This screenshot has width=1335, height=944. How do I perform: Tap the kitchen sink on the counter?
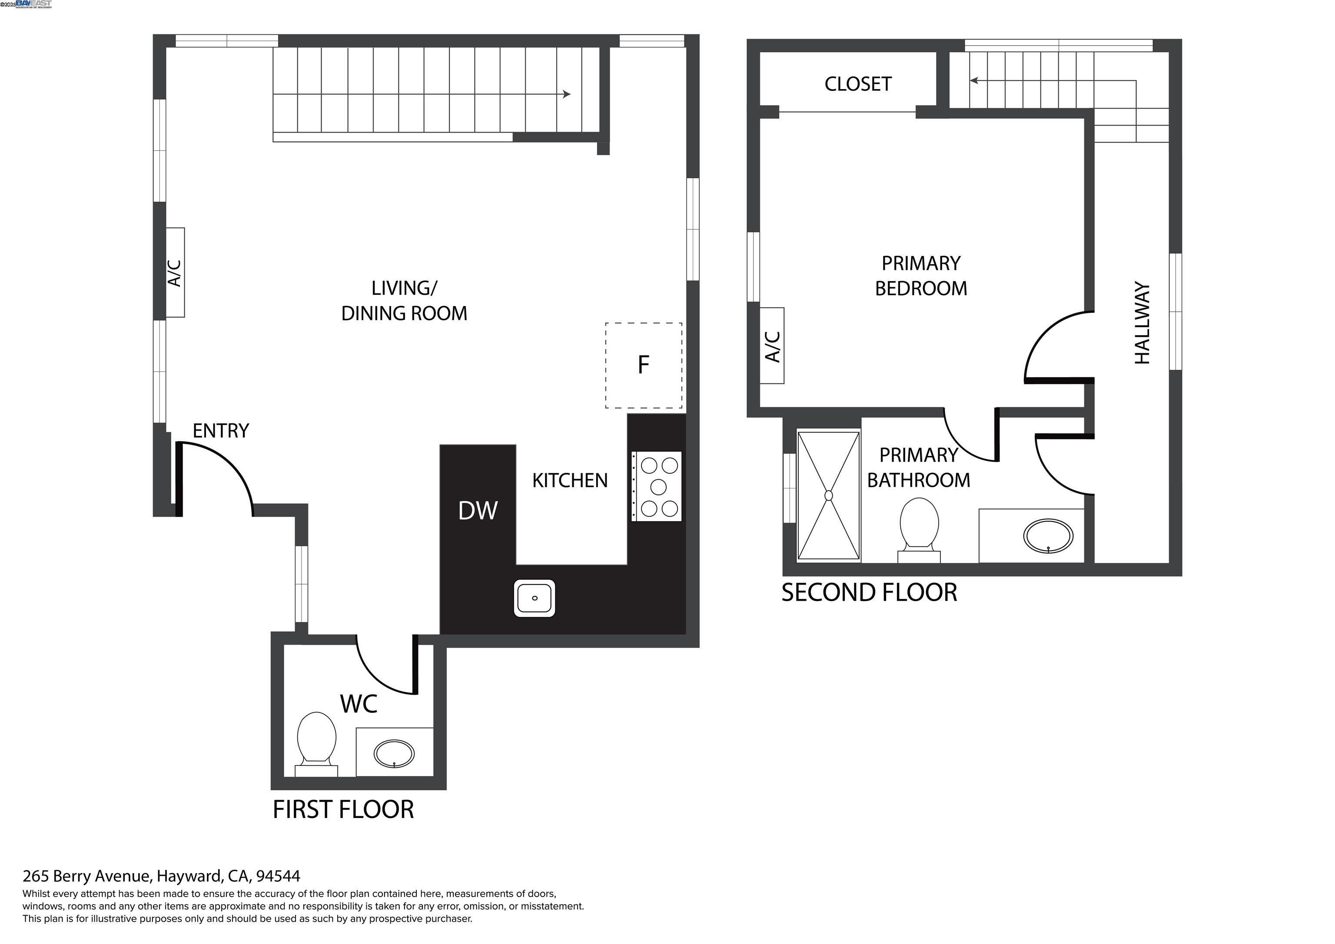pos(535,598)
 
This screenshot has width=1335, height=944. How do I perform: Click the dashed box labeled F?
pos(643,365)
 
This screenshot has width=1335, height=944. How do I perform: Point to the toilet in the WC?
pos(316,741)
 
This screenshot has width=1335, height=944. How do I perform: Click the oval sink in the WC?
pos(394,754)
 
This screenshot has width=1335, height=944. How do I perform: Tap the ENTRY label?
pos(220,431)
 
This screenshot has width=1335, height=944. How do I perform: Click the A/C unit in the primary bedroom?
pos(772,346)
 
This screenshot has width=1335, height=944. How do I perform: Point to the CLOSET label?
pos(858,84)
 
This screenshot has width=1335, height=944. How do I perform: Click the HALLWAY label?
pos(1142,323)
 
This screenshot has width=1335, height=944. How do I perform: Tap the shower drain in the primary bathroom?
pos(829,495)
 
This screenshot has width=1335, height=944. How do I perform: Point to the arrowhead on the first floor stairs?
pos(567,94)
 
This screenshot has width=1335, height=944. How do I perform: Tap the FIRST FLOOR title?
pos(343,810)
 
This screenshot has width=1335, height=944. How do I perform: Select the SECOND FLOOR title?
pos(869,593)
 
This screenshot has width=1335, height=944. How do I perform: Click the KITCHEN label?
pos(570,480)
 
